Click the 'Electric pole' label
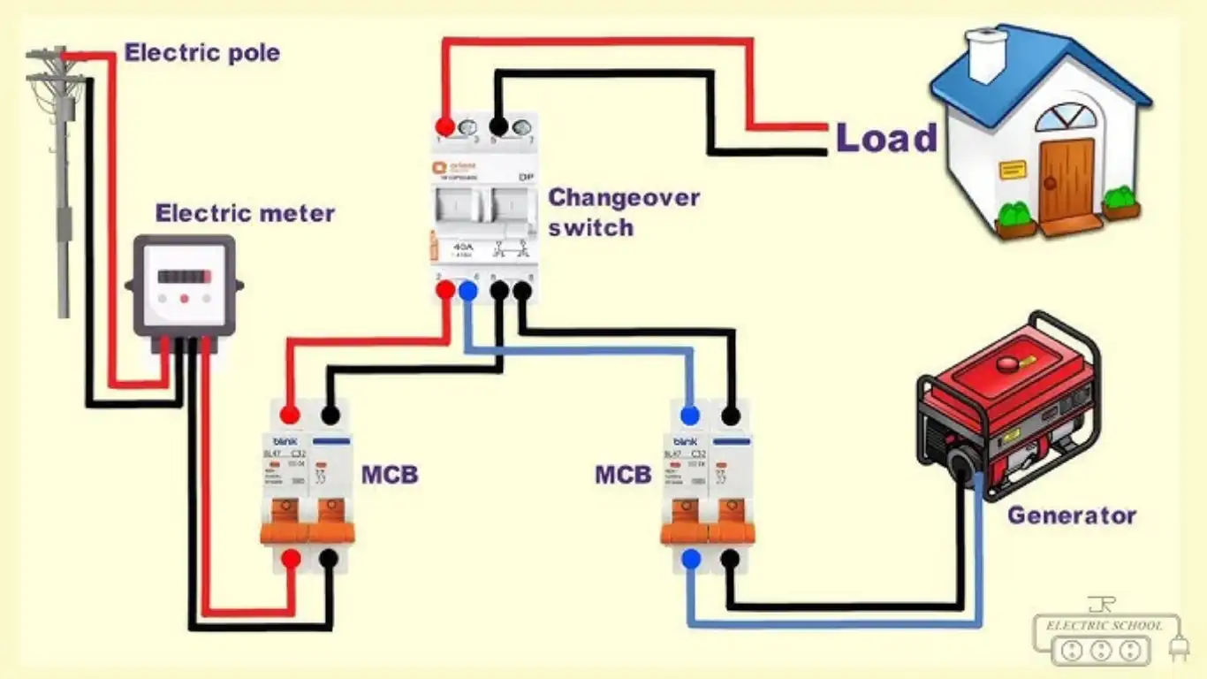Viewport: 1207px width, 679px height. (201, 53)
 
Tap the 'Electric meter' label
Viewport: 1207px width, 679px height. (245, 214)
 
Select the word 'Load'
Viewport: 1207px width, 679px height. (885, 139)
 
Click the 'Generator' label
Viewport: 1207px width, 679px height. (1071, 515)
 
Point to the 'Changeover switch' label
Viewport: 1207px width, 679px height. (623, 212)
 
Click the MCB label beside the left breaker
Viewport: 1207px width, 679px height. (389, 475)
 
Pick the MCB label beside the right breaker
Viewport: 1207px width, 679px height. (622, 475)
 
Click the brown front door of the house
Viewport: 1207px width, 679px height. (1066, 181)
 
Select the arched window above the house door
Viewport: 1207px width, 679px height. (1066, 118)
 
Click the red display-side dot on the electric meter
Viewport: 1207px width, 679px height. (184, 299)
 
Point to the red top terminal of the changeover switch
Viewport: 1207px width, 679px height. (446, 126)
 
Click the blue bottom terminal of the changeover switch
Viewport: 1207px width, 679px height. (467, 288)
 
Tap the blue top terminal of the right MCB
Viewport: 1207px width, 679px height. (690, 415)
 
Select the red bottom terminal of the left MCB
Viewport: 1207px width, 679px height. (290, 558)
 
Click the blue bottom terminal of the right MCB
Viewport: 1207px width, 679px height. (690, 558)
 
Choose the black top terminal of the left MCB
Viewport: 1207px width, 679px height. (330, 415)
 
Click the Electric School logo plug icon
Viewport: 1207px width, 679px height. (1179, 650)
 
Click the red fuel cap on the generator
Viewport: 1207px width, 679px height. (1006, 362)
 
